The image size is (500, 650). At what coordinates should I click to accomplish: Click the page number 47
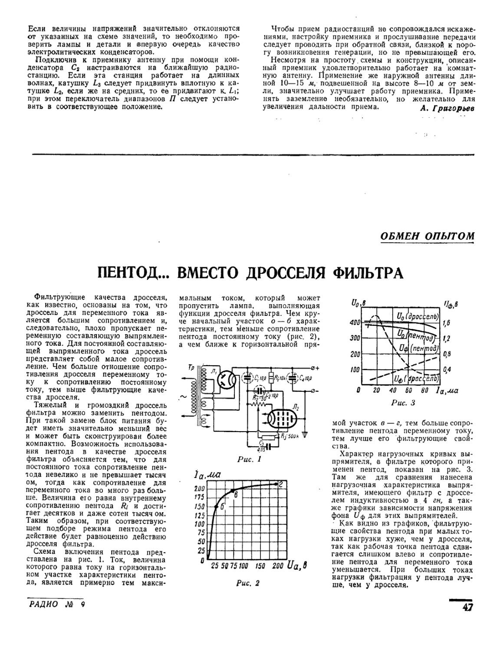point(466,607)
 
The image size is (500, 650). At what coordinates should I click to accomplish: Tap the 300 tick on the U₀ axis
point(355,338)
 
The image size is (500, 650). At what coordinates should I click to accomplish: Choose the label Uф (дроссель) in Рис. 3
point(415,379)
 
